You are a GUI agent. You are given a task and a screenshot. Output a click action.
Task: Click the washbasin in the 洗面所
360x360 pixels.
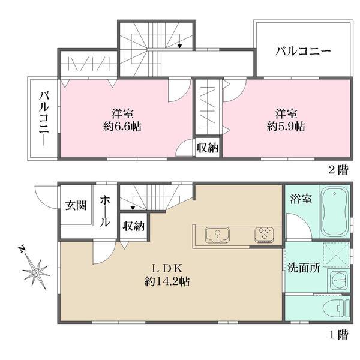click(338, 280)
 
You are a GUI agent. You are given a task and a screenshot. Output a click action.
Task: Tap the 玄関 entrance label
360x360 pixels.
click(76, 206)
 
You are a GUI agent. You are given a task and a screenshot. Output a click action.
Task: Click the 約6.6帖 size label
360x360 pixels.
click(118, 127)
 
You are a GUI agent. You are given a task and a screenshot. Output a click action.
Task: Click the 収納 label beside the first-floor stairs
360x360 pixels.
click(133, 226)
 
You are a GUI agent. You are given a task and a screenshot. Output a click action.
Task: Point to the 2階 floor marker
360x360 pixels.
click(338, 170)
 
